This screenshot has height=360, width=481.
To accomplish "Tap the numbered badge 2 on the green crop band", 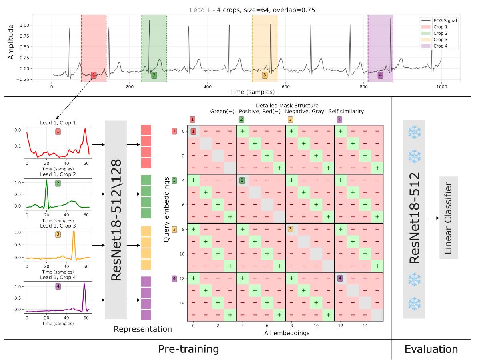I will pos(154,75).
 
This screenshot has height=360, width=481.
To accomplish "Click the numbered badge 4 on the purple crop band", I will pos(380,75).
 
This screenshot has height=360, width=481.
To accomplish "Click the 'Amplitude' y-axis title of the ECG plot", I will pos(11,41).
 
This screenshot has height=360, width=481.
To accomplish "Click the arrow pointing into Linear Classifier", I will pos(431,218).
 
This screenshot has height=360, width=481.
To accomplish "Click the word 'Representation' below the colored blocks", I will pos(143,329).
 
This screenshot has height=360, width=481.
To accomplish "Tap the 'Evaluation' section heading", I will pos(431,349).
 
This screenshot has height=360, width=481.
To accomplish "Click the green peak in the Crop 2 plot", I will pos(46,181).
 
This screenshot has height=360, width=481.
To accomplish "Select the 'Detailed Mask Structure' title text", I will pos(287,106).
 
